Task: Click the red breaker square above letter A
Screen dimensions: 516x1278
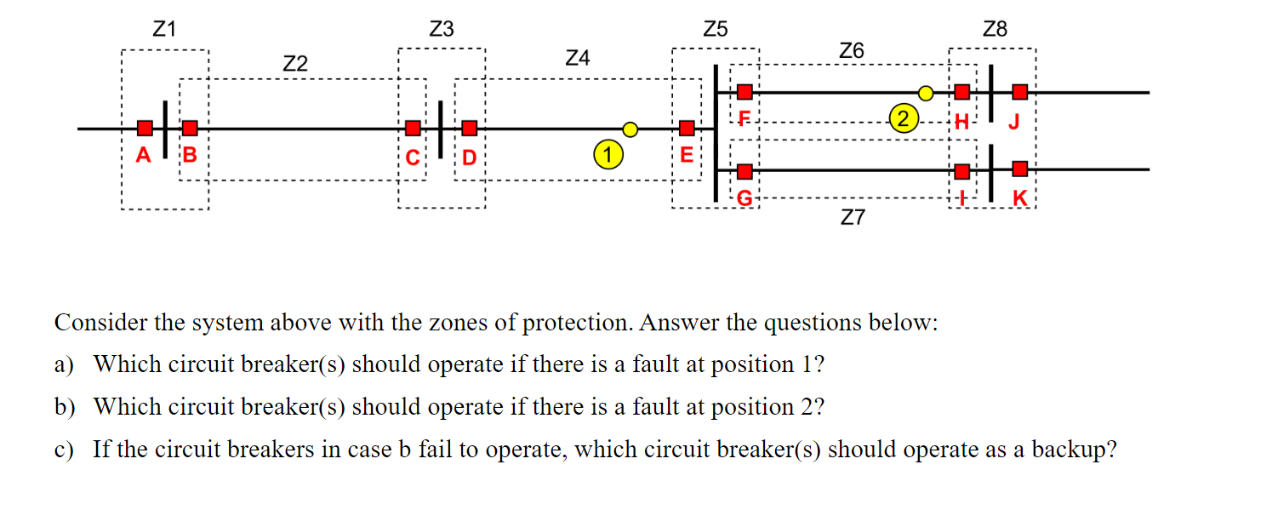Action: pos(145,129)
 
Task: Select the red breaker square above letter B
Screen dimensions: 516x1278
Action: pos(190,129)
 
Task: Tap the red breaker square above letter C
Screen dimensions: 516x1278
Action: pos(413,129)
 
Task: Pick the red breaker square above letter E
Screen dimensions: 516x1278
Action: pos(687,129)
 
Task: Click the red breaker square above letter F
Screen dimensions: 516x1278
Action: pos(745,91)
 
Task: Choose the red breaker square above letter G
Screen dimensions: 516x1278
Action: pos(745,170)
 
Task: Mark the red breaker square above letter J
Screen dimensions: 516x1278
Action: pos(1019,91)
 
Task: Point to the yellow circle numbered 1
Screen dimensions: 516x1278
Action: pos(607,156)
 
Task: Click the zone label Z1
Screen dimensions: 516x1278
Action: pos(164,30)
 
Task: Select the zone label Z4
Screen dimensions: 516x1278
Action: pos(577,59)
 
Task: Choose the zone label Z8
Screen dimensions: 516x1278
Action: pos(995,30)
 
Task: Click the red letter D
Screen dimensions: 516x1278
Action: pos(469,158)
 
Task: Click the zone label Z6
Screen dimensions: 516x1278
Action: pos(851,51)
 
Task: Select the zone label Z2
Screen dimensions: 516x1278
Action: pos(295,64)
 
